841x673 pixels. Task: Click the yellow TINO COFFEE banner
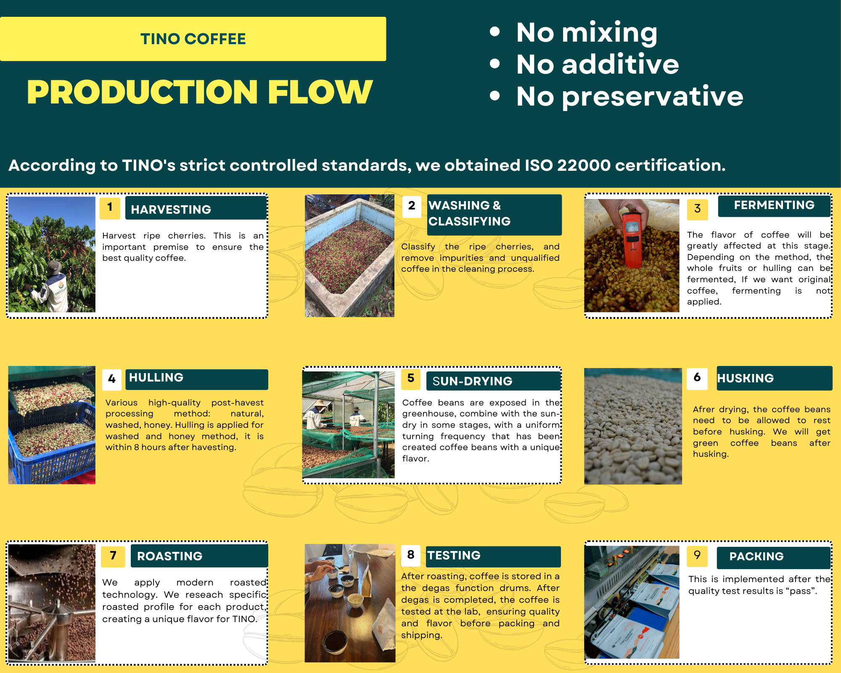193,39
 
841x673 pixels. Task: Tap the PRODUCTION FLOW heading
200,92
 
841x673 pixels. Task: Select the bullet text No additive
598,64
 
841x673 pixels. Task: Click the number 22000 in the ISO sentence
584,165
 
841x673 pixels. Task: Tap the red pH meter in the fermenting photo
632,240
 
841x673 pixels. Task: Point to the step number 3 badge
697,209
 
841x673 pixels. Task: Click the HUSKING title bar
775,378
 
